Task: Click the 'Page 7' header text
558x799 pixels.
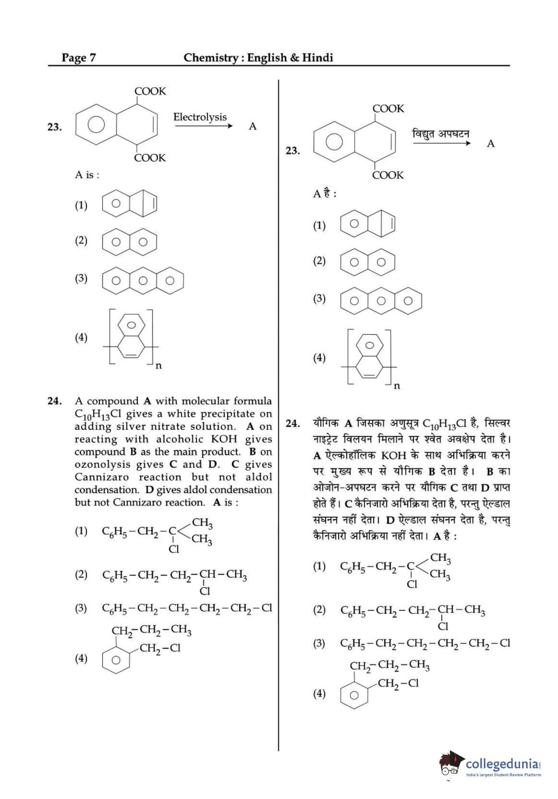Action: click(x=79, y=58)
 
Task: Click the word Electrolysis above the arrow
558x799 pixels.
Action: click(x=200, y=117)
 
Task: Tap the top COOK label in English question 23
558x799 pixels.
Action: click(x=150, y=91)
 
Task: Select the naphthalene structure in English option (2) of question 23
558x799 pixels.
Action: click(x=130, y=242)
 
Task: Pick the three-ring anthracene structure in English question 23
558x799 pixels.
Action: click(x=143, y=280)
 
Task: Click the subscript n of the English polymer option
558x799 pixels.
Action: click(x=158, y=366)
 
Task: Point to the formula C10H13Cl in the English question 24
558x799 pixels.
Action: click(x=98, y=414)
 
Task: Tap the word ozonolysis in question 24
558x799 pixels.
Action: click(x=102, y=464)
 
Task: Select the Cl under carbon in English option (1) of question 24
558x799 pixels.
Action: click(x=174, y=549)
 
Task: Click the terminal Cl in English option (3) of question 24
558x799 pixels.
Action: click(x=266, y=608)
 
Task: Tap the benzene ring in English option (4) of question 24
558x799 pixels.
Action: click(x=116, y=660)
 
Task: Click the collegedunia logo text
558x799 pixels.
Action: click(x=502, y=764)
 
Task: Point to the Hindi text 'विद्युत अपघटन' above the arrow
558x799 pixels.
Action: click(x=440, y=134)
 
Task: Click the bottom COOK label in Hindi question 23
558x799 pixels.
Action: click(x=388, y=175)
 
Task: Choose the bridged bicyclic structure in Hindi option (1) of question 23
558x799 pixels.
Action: click(x=368, y=224)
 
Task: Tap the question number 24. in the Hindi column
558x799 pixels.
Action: click(x=293, y=423)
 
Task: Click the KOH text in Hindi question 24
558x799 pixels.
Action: click(x=394, y=456)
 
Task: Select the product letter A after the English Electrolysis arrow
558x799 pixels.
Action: click(x=252, y=126)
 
